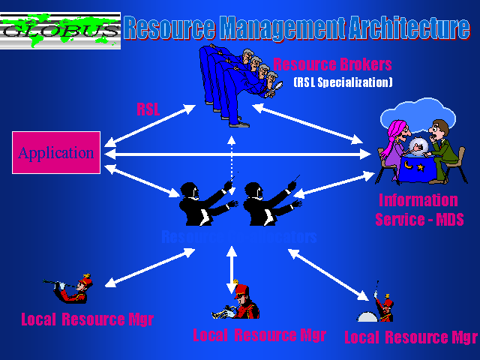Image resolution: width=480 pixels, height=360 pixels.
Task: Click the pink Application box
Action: (56, 153)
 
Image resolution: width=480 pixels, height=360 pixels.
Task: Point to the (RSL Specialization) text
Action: (343, 82)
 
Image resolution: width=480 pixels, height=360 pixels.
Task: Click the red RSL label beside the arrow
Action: (148, 109)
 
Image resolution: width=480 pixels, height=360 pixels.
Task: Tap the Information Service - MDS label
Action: (418, 210)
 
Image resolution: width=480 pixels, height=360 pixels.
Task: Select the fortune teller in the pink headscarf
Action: (395, 142)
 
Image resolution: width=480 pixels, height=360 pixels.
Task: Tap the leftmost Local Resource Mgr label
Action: (87, 319)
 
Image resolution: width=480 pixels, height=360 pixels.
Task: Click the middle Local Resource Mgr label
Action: (259, 334)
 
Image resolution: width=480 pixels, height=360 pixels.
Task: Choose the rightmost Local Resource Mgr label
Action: (410, 337)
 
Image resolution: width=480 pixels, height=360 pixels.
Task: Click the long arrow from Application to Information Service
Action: (240, 154)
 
